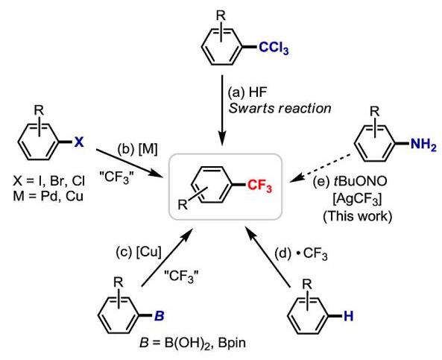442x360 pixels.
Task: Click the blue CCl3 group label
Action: [x=274, y=48]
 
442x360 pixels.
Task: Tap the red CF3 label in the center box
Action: [x=260, y=186]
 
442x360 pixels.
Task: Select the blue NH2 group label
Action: [x=423, y=145]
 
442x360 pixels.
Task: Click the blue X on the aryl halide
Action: [x=79, y=142]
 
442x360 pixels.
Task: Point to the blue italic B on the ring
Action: [x=160, y=316]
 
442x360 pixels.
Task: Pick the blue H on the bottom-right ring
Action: [x=348, y=316]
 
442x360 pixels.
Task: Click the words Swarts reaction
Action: [x=280, y=108]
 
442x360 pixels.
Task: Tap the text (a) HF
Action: [x=247, y=92]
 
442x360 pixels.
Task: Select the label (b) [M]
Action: [x=137, y=149]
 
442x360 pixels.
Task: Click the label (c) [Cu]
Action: [x=139, y=252]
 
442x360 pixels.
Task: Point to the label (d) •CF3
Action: [x=301, y=254]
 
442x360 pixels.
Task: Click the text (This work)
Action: [x=358, y=216]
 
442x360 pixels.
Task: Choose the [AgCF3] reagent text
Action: [x=357, y=200]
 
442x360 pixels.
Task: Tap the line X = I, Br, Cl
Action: [x=48, y=181]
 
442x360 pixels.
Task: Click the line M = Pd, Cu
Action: [x=48, y=195]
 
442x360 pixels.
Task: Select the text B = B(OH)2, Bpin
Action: [x=192, y=343]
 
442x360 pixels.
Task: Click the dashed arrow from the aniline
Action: [x=321, y=168]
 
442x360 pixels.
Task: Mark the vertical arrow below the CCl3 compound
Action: [x=222, y=110]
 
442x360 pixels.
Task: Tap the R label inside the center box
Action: [x=183, y=204]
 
